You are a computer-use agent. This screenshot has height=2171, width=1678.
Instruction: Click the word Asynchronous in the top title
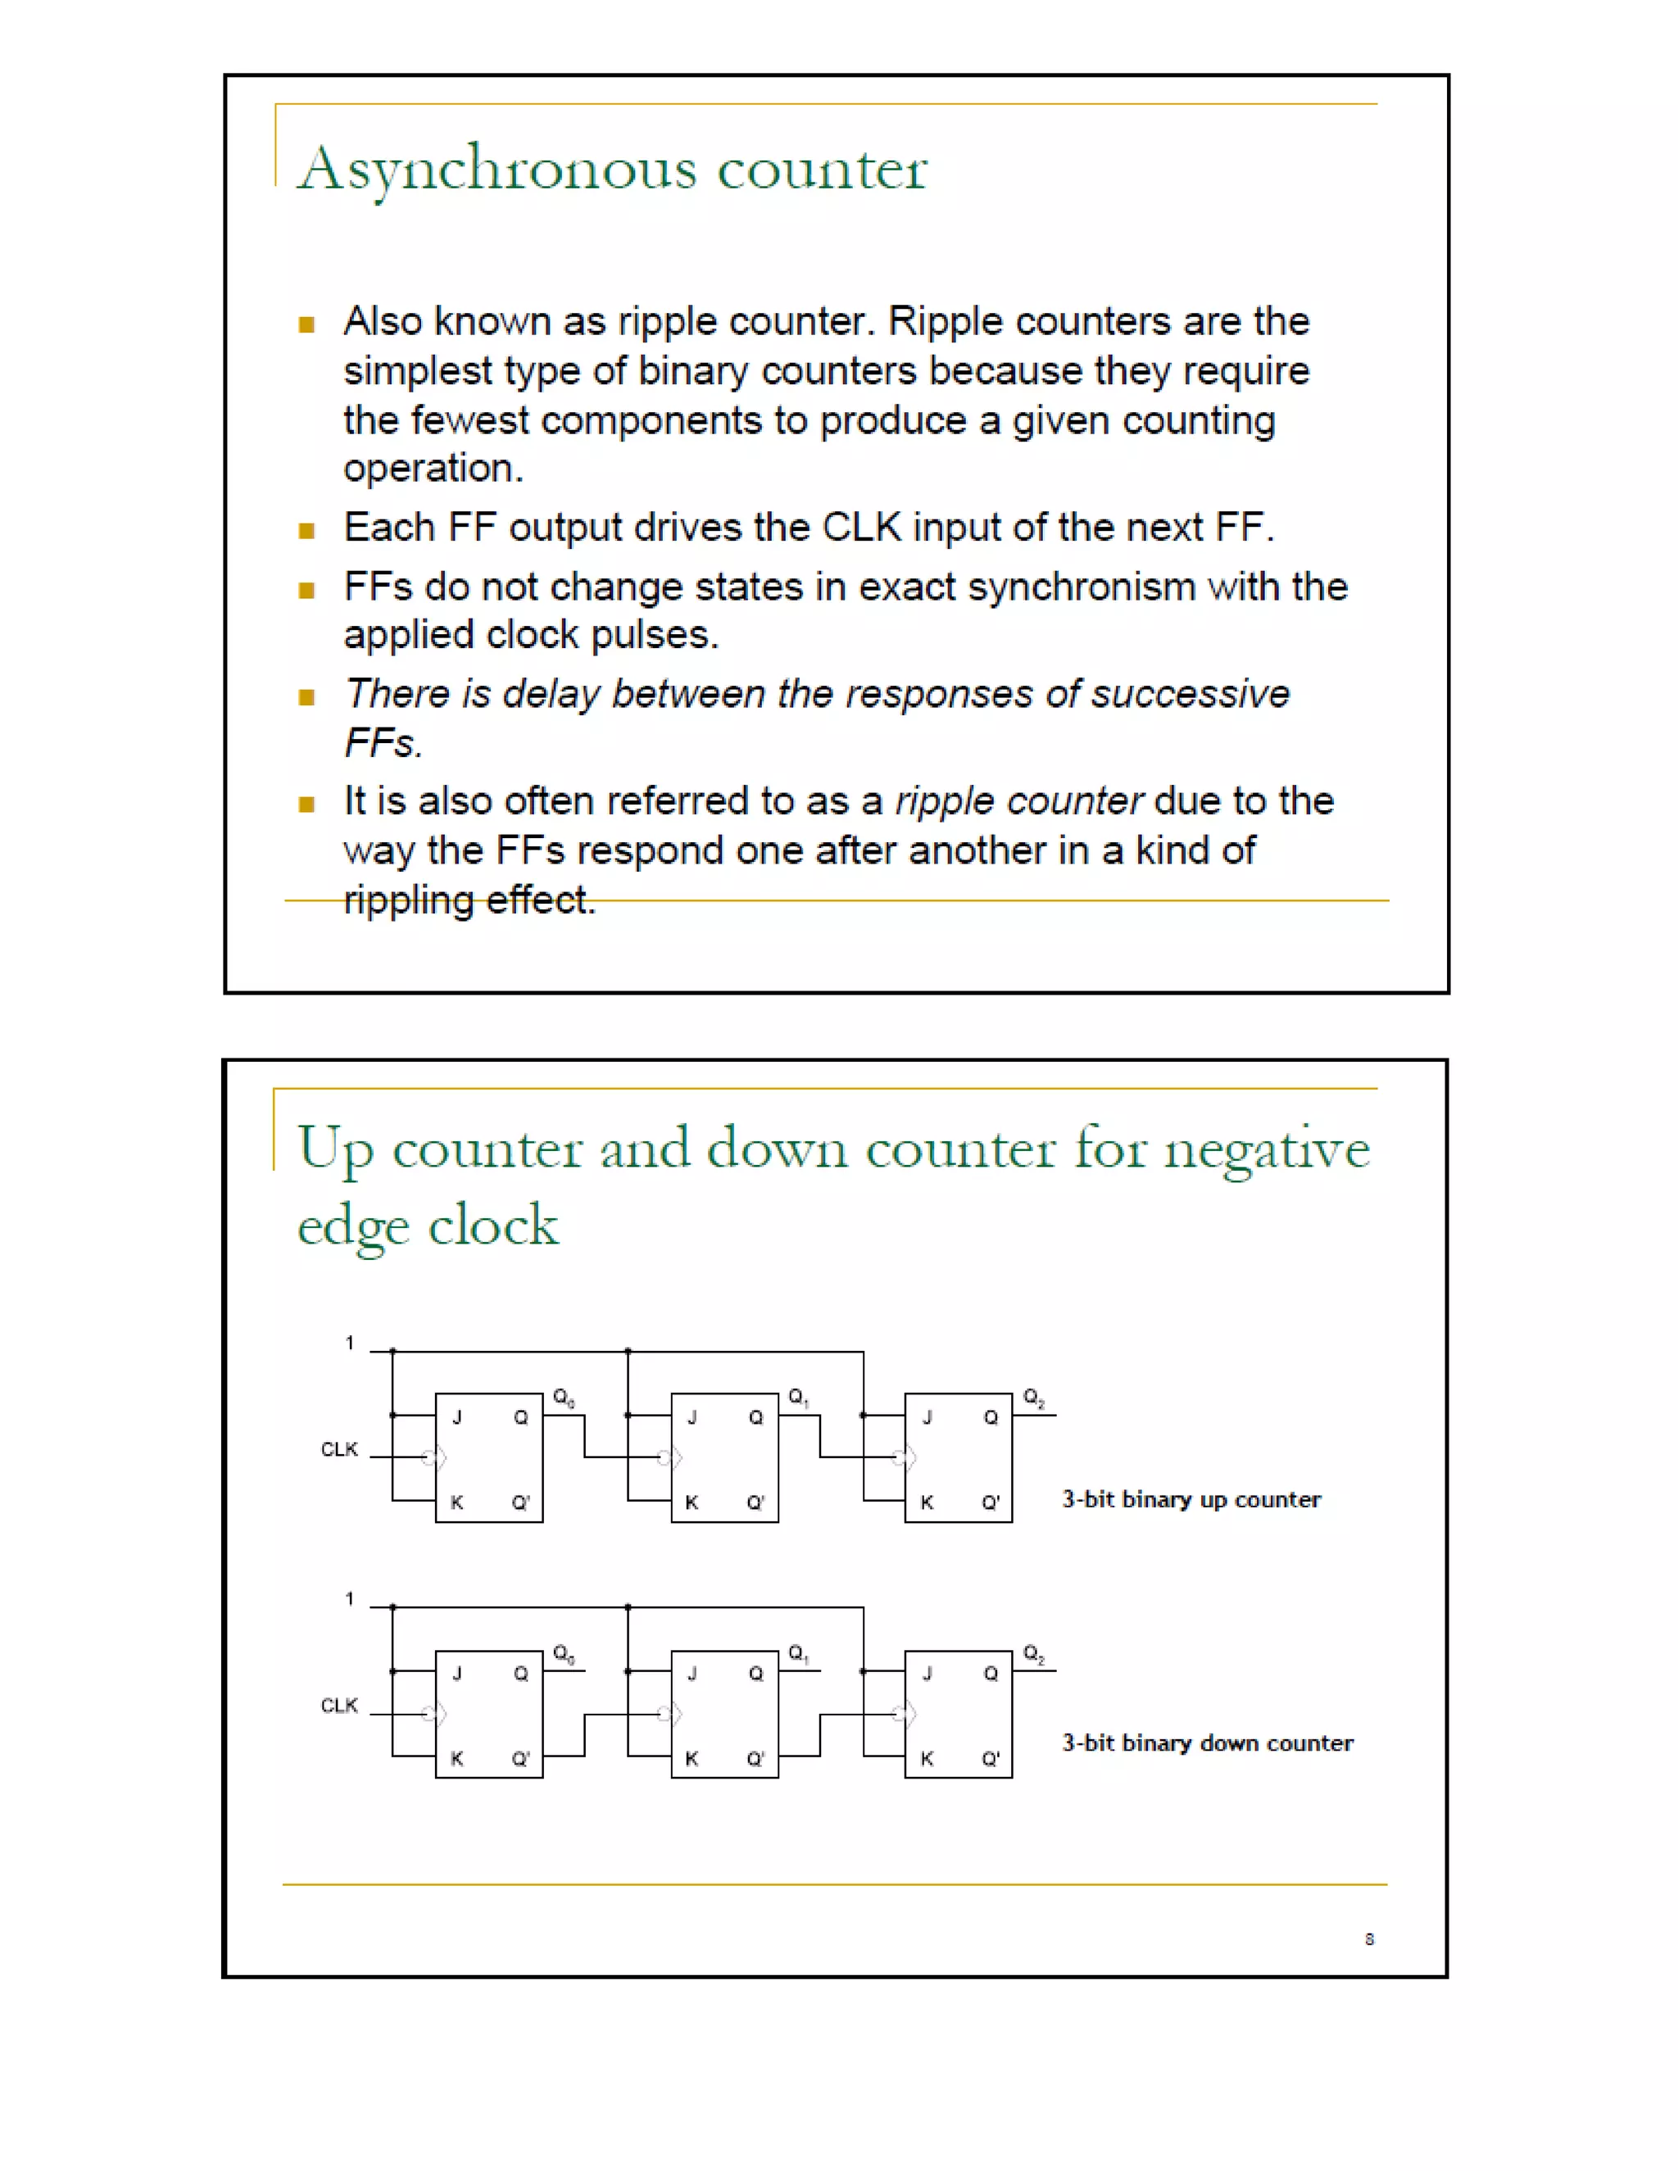(497, 169)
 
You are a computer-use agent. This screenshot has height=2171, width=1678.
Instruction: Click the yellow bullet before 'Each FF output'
(306, 530)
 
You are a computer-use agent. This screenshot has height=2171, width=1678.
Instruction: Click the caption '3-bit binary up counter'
(1190, 1499)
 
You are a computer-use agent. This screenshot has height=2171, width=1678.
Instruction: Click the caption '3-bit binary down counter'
(1207, 1743)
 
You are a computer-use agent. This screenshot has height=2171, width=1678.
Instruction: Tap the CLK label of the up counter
(339, 1449)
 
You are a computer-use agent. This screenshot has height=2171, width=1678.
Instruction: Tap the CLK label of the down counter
(339, 1706)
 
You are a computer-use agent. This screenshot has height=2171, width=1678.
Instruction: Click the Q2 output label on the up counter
(1034, 1398)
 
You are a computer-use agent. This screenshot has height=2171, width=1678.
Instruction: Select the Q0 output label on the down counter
(564, 1654)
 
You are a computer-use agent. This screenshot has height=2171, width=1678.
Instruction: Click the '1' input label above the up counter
(349, 1343)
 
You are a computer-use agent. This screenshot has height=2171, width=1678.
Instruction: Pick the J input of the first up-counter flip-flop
(457, 1417)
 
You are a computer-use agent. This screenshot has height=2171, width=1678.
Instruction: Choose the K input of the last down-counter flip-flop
(927, 1758)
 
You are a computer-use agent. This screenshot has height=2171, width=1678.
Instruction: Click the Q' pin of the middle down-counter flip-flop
(755, 1758)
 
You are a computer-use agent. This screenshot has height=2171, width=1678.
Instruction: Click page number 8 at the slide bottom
(1369, 1938)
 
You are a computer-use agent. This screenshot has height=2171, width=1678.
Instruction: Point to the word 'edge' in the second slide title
(353, 1226)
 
